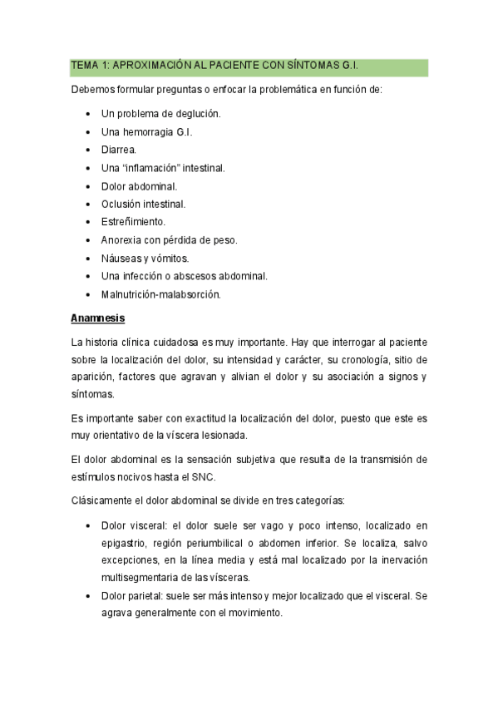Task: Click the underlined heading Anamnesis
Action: [x=98, y=318]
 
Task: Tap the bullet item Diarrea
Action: [x=119, y=150]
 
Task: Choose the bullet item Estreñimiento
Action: [x=133, y=222]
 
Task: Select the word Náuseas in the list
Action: [x=121, y=259]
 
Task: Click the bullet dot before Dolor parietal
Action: [x=89, y=596]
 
